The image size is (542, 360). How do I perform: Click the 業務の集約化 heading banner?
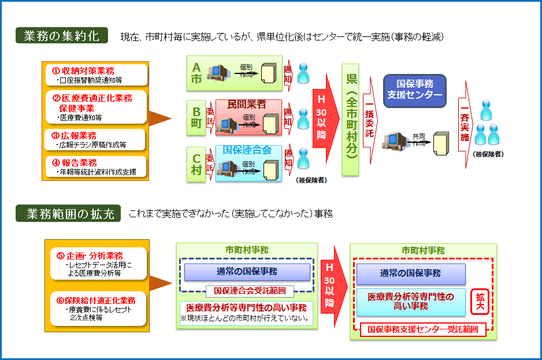pos(61,36)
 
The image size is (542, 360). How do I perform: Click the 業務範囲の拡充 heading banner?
pos(68,214)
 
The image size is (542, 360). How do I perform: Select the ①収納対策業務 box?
pos(96,75)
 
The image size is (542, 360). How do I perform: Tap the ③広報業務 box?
pos(96,139)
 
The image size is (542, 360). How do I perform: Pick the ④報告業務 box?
pos(96,166)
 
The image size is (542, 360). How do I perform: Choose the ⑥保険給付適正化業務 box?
pos(98,309)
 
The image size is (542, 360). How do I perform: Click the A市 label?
pos(196,73)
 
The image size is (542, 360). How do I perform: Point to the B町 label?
pos(196,117)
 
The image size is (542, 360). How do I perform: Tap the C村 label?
pos(196,164)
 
